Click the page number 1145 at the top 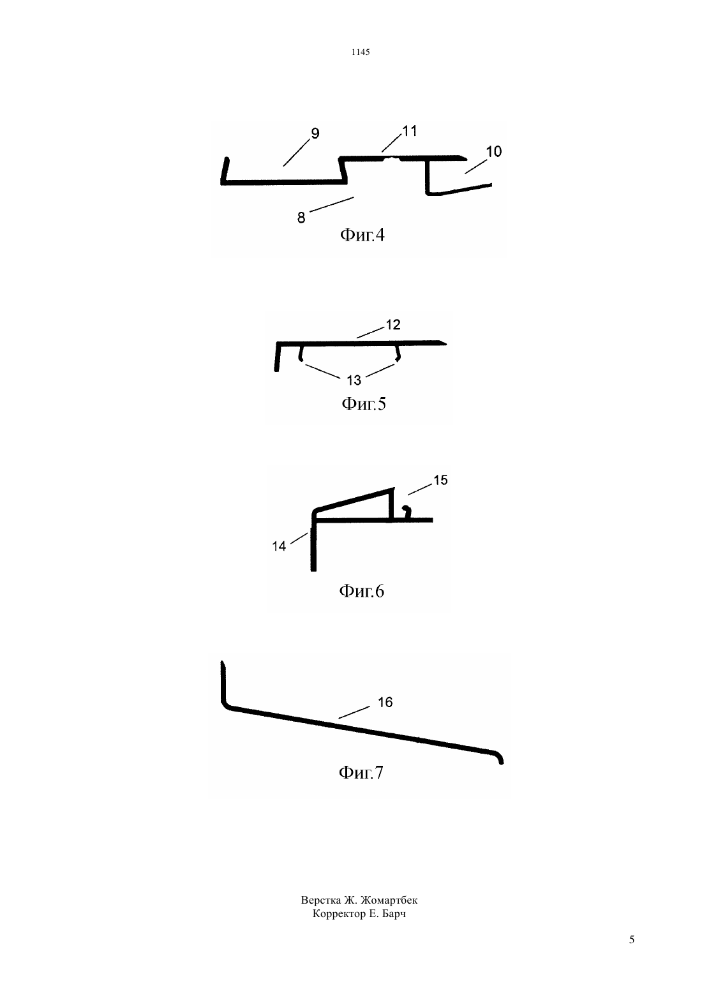click(361, 52)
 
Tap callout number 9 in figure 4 click(315, 133)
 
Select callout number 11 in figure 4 click(410, 131)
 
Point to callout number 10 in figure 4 click(494, 152)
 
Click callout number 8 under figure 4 click(301, 218)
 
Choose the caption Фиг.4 click(362, 234)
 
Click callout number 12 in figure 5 click(393, 325)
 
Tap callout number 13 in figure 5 click(354, 380)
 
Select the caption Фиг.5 click(363, 403)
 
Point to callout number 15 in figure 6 click(440, 480)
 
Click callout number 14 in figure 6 click(279, 546)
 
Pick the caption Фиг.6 click(362, 591)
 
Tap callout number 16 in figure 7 click(385, 702)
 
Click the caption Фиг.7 click(361, 773)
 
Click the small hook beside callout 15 click(407, 512)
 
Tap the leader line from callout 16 click(354, 712)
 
